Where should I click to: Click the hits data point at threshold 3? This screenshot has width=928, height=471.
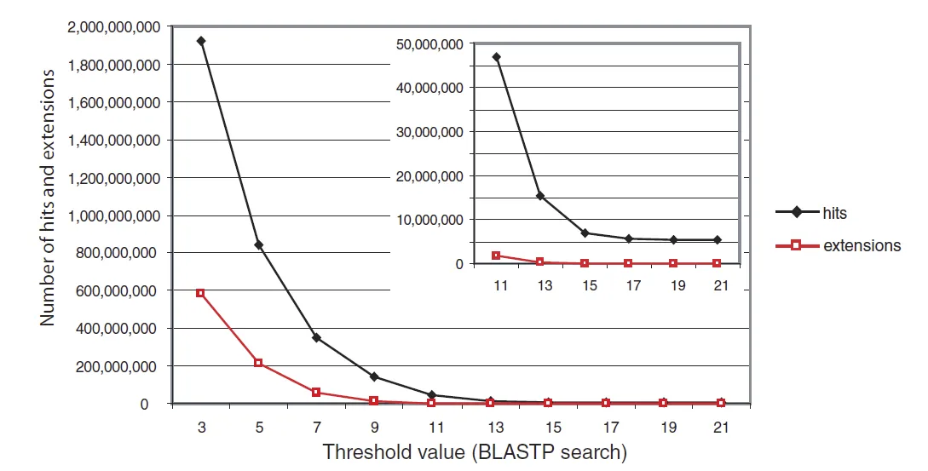point(201,41)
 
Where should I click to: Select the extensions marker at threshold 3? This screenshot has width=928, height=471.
point(201,293)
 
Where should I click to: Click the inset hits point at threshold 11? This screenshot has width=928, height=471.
point(497,57)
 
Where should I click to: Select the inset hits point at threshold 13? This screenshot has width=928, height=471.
point(540,196)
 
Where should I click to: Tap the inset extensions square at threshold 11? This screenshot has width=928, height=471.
point(497,256)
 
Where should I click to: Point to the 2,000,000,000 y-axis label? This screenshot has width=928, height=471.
point(111,27)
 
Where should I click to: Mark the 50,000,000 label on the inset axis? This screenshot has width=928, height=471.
point(429,43)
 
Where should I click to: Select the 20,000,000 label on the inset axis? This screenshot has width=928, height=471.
point(429,175)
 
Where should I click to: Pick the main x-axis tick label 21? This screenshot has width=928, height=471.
point(720,425)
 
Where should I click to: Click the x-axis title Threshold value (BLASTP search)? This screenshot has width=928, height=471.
point(474,452)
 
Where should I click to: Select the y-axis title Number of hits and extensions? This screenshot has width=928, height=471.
point(49,196)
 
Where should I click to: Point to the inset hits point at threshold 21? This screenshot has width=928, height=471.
point(718,240)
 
